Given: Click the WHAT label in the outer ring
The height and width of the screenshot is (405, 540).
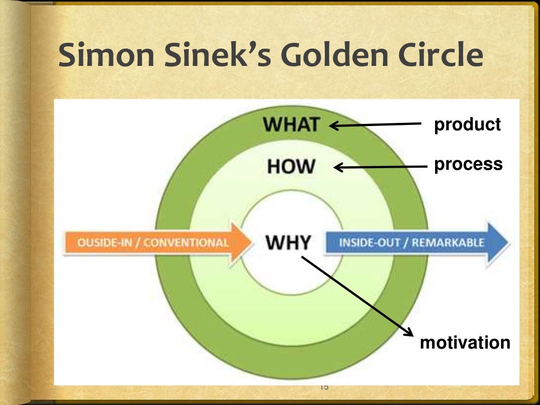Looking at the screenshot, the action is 292,125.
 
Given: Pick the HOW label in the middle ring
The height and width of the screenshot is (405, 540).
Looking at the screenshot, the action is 291,167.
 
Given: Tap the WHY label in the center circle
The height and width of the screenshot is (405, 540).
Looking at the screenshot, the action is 288,243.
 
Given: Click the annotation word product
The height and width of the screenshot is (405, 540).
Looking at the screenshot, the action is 467,125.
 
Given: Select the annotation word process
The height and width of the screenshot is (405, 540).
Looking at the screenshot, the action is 468,164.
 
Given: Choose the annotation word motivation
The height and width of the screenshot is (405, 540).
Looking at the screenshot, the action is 465,343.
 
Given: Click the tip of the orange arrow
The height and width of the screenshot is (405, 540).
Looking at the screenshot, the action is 251,243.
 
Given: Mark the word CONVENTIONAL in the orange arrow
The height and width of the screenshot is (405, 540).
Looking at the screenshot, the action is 186,243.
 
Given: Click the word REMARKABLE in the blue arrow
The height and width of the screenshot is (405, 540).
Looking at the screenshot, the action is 448,243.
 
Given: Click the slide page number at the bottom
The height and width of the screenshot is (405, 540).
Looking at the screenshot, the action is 324,388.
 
